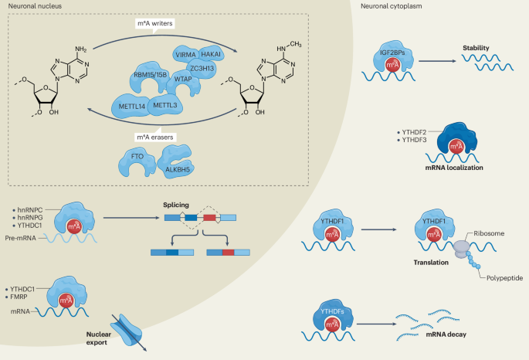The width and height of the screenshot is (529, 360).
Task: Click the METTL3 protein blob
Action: coord(165,105)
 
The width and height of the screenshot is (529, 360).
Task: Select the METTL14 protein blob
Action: coord(131,107)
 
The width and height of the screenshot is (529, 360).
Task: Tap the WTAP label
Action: coord(183,79)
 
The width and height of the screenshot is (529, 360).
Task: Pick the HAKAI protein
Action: coord(211,54)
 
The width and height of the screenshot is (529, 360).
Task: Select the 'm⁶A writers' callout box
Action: coord(155,24)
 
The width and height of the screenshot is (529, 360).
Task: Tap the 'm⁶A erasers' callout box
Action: coord(155,137)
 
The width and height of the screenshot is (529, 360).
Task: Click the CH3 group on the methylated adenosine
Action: coord(296,45)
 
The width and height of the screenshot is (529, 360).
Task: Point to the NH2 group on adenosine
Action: coord(80,49)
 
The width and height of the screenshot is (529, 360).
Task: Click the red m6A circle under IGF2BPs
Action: coord(392,65)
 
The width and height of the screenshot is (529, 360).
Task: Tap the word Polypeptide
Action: coord(504,278)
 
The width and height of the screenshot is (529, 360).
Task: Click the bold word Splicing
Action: coord(176,205)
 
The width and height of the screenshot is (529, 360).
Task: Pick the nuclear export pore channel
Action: coord(128,330)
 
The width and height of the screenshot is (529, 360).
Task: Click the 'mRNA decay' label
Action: coord(446,335)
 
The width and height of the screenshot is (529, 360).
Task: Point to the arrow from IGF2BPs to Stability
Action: coord(437,61)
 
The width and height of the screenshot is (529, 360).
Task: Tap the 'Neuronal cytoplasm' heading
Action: coord(392,6)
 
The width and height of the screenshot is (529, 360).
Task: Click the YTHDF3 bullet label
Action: coord(412,140)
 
